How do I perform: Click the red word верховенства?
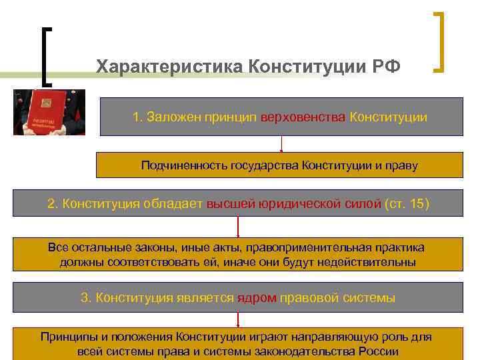coord(304,117)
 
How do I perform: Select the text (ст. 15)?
coord(407,203)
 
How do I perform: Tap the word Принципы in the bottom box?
coord(65,337)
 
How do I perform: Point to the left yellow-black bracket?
coord(47,56)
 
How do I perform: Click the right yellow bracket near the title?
coord(439,41)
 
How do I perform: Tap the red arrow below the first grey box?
coord(281,144)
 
